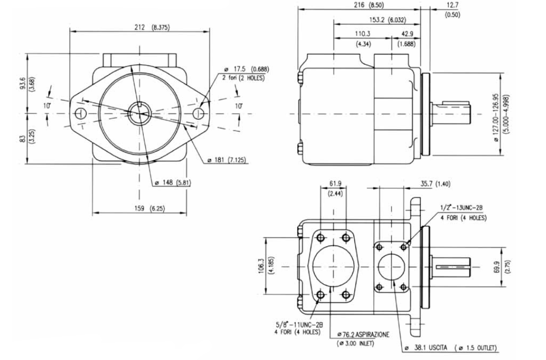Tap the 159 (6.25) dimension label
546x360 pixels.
(148, 209)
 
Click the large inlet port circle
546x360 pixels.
(333, 266)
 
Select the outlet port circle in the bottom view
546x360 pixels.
(391, 267)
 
